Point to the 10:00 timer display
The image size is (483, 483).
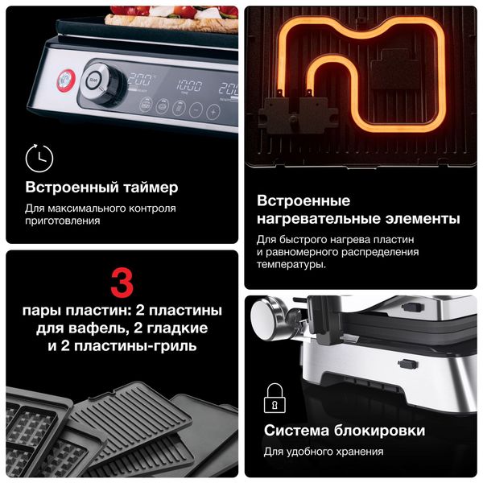[189, 84]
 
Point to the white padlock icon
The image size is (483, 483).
[275, 396]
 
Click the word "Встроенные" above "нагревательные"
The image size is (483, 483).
[303, 200]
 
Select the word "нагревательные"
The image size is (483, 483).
[317, 219]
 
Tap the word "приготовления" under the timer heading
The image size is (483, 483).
[63, 221]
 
